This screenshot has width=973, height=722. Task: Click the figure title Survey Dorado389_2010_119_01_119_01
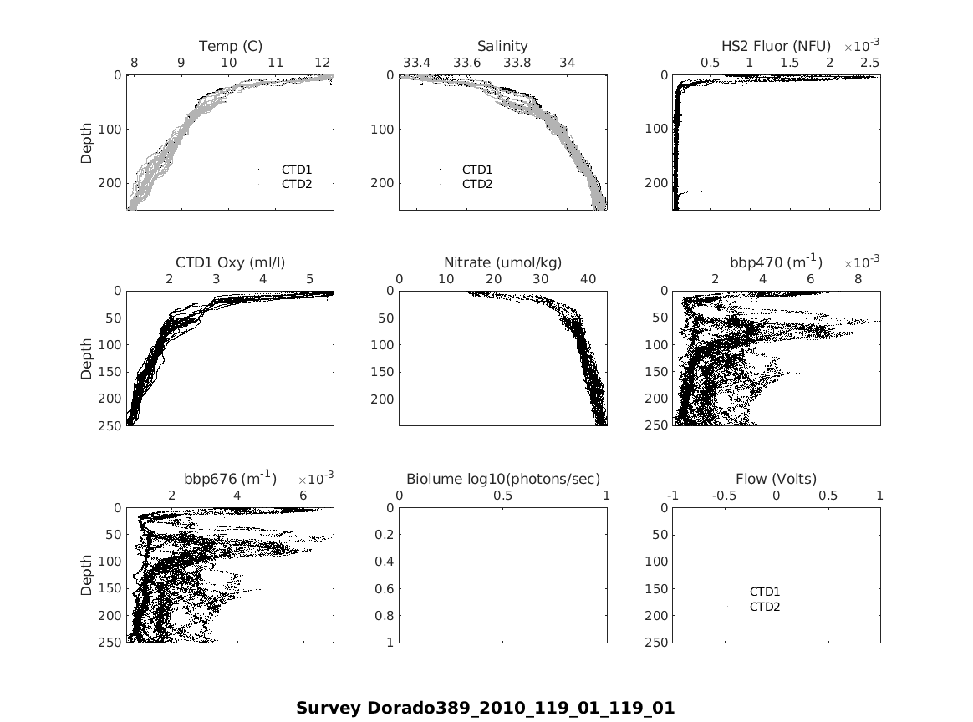click(485, 708)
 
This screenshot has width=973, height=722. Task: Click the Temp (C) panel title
click(230, 46)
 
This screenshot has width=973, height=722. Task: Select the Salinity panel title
click(502, 46)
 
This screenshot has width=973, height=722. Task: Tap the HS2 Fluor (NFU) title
click(776, 46)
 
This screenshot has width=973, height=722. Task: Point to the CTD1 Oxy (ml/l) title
click(230, 262)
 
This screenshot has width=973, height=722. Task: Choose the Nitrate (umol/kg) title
click(502, 262)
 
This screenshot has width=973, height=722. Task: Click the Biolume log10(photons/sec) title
click(502, 479)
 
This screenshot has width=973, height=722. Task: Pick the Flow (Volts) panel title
click(776, 479)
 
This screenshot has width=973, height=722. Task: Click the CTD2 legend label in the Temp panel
click(296, 184)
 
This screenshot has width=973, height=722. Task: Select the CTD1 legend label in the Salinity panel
click(477, 170)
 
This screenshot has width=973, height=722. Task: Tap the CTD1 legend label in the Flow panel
click(764, 592)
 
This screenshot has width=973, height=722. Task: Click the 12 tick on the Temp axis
click(323, 63)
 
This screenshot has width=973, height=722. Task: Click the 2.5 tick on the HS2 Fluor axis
click(869, 63)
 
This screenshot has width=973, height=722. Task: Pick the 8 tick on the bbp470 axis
click(858, 279)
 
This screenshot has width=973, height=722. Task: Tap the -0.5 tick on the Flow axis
click(724, 496)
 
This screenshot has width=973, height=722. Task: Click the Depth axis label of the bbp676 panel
click(87, 575)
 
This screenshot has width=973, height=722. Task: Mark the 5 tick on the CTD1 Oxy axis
click(309, 279)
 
